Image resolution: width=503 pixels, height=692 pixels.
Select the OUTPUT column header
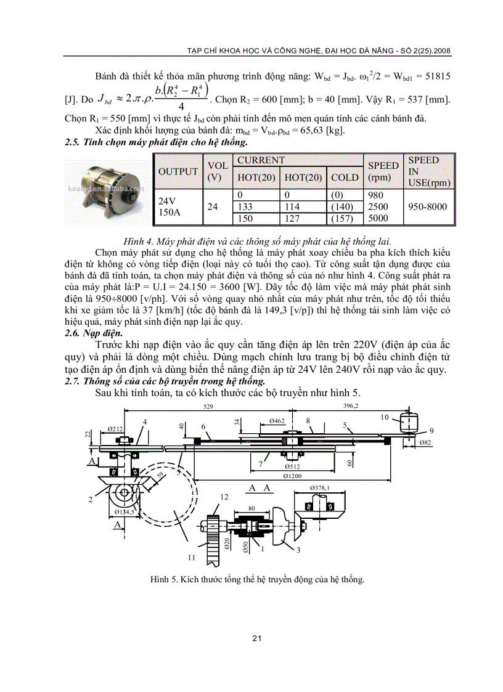[178, 172]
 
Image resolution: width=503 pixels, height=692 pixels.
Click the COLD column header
[345, 177]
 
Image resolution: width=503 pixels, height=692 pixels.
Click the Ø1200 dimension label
[293, 476]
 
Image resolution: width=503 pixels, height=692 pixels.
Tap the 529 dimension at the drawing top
[213, 407]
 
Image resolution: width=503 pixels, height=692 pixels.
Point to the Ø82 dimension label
[425, 443]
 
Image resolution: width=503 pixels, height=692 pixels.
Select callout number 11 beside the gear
[192, 557]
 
